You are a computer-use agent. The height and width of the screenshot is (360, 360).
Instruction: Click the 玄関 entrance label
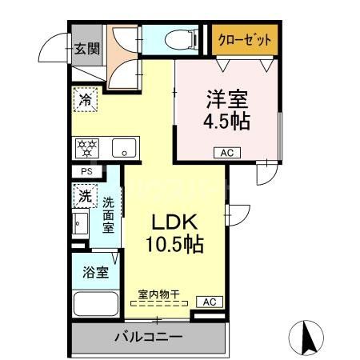click(86, 48)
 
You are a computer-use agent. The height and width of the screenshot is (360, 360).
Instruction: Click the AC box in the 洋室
click(226, 152)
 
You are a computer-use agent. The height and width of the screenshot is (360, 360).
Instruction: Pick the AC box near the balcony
click(209, 302)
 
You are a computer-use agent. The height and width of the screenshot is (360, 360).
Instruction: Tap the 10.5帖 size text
click(170, 243)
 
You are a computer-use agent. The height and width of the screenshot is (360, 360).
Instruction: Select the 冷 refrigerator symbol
click(85, 101)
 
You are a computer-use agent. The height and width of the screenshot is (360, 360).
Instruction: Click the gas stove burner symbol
click(86, 147)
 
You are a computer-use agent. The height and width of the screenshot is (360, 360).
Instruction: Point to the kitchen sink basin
click(123, 147)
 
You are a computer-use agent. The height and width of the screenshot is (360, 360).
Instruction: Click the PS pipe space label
click(86, 171)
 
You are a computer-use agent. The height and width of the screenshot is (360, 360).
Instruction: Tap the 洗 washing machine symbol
click(84, 194)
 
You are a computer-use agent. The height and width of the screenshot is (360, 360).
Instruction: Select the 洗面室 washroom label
click(108, 214)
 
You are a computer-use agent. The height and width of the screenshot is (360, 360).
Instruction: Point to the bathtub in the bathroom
click(95, 305)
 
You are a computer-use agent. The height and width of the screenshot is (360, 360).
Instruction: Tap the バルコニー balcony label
click(146, 337)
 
